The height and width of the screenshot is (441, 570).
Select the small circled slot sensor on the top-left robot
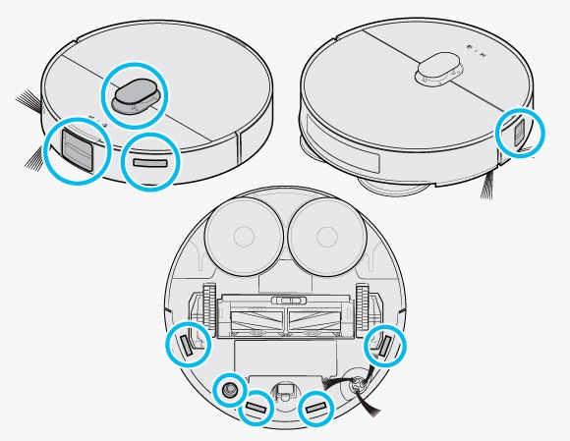click(x=149, y=160)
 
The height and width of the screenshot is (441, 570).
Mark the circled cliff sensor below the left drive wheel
click(x=187, y=345)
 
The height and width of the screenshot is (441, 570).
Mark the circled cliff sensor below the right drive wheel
click(x=384, y=345)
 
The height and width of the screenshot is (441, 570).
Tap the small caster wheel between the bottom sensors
click(x=286, y=390)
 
